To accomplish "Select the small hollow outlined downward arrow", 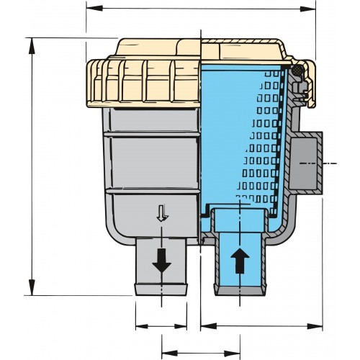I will tap(163, 212).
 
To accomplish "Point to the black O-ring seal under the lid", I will tap(296, 69).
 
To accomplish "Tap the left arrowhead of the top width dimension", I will tap(90, 9).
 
